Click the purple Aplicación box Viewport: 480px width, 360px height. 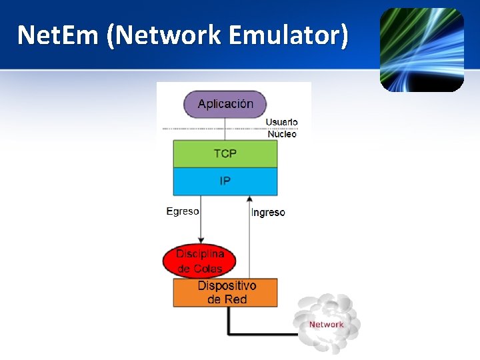pyautogui.click(x=225, y=104)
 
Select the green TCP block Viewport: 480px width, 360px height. pyautogui.click(x=225, y=154)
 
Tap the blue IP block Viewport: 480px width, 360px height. pyautogui.click(x=225, y=181)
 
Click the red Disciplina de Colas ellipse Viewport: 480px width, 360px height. pyautogui.click(x=199, y=261)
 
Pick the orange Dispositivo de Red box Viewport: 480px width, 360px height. pyautogui.click(x=225, y=293)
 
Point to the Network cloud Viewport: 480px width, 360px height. pyautogui.click(x=326, y=324)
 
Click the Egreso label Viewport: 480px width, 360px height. pyautogui.click(x=183, y=211)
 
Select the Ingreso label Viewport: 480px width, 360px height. pyautogui.click(x=268, y=213)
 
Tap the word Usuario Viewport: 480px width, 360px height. pyautogui.click(x=281, y=122)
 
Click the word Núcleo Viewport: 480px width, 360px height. pyautogui.click(x=282, y=134)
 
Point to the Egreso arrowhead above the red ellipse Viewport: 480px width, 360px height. pyautogui.click(x=201, y=240)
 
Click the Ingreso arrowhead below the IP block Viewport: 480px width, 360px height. pyautogui.click(x=249, y=199)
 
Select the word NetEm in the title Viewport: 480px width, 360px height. pyautogui.click(x=58, y=35)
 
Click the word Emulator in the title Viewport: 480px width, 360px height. pyautogui.click(x=289, y=35)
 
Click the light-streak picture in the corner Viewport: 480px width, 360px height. pyautogui.click(x=422, y=50)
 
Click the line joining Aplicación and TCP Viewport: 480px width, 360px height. pyautogui.click(x=225, y=129)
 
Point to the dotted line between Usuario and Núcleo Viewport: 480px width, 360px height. pyautogui.click(x=230, y=129)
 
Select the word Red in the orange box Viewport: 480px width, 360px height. pyautogui.click(x=236, y=299)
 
